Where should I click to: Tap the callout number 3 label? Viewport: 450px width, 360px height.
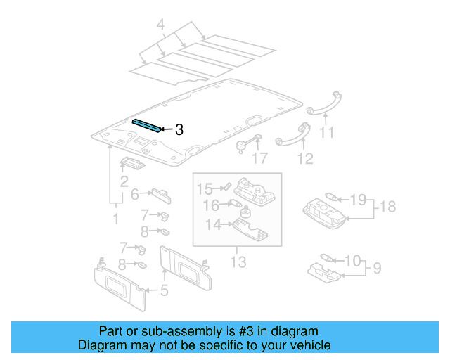tap(179, 129)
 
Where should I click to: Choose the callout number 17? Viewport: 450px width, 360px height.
tap(259, 158)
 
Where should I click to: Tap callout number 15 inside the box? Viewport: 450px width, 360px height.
tap(203, 188)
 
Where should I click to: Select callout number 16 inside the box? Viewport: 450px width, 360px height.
tap(211, 205)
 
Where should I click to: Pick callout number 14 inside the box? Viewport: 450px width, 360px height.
tap(212, 224)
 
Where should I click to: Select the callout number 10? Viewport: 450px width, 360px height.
tap(352, 261)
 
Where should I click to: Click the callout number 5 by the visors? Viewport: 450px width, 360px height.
tap(164, 289)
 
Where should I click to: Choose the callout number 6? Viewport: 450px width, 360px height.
tap(135, 195)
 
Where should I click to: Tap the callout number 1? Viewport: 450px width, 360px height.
tap(115, 219)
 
